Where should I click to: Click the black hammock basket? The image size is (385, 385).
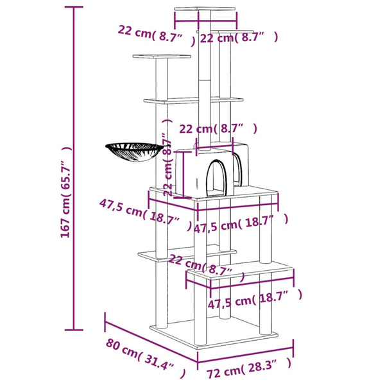(130, 153)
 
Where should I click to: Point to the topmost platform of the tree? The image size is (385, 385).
(196, 11)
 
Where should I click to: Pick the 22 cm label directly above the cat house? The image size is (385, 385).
(218, 129)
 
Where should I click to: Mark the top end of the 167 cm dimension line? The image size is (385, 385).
(73, 7)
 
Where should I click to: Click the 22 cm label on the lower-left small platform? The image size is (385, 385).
(200, 264)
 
